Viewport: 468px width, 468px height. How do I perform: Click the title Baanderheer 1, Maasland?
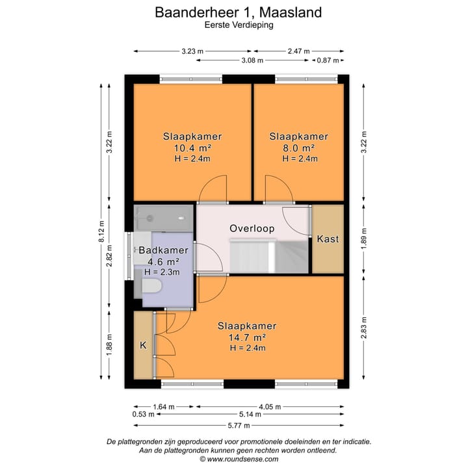coord(238,12)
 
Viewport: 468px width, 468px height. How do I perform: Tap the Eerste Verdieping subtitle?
coord(238,25)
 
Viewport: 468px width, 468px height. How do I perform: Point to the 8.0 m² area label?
coord(298,148)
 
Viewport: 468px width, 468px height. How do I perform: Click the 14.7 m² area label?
coord(248,337)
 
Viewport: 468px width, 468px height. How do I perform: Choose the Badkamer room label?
coord(163,250)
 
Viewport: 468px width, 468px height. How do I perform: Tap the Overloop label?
coord(252,229)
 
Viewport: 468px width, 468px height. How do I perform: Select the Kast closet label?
coord(328,239)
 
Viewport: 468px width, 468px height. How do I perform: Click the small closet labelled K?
coord(143,345)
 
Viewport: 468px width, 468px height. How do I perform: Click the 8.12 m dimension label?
coord(101,235)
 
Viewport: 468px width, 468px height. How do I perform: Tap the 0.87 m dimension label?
coord(328,60)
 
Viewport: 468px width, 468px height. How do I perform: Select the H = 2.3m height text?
coord(161,272)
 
